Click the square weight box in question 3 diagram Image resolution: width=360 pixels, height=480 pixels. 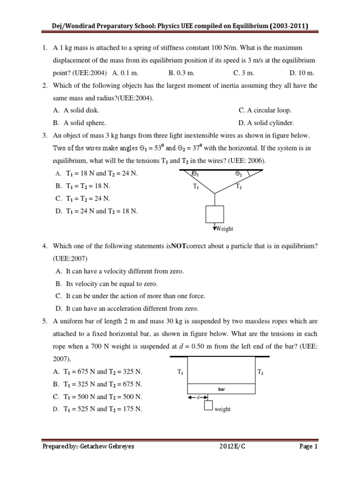coord(215,214)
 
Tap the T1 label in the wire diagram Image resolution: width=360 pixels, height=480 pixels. coord(196,186)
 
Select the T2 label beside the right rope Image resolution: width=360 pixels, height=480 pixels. coord(261,372)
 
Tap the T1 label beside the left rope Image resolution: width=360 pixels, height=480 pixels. coord(180,372)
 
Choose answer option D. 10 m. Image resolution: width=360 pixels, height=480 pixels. coord(302,73)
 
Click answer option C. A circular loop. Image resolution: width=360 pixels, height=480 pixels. coord(265,110)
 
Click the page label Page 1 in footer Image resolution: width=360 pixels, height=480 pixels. coord(309,460)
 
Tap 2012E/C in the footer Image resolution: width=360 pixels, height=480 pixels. coord(232,460)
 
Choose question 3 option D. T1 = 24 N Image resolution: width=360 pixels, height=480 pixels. coord(96,211)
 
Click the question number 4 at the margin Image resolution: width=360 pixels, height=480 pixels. coord(44,246)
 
